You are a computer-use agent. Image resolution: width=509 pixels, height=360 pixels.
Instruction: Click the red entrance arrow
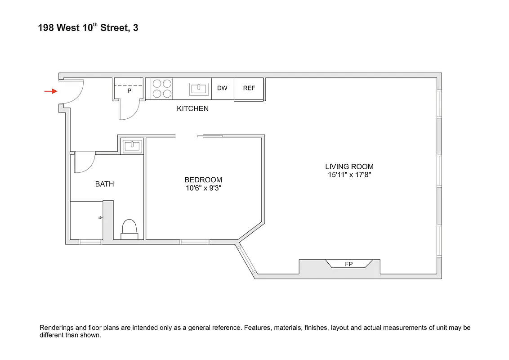pyautogui.click(x=50, y=91)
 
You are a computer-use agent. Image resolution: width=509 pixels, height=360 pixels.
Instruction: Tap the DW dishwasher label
pyautogui.click(x=222, y=88)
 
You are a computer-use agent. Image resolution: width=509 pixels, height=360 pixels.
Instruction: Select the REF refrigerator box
pyautogui.click(x=249, y=88)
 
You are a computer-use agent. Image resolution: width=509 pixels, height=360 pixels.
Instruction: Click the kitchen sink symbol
pyautogui.click(x=199, y=89)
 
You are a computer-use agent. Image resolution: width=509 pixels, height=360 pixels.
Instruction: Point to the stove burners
pyautogui.click(x=162, y=89)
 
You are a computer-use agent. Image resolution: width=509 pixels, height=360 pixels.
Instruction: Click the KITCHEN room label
pyautogui.click(x=192, y=108)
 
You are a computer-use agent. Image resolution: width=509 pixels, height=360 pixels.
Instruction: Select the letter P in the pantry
pyautogui.click(x=129, y=91)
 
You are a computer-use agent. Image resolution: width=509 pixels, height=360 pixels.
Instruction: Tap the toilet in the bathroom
pyautogui.click(x=129, y=228)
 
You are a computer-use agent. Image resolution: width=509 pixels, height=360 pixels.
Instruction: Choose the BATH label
pyautogui.click(x=104, y=184)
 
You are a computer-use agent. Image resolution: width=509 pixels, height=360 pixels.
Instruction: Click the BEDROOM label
pyautogui.click(x=203, y=180)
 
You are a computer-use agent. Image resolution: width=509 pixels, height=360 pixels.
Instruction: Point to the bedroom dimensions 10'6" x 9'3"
pyautogui.click(x=203, y=189)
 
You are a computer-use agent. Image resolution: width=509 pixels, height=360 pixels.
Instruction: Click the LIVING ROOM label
pyautogui.click(x=349, y=166)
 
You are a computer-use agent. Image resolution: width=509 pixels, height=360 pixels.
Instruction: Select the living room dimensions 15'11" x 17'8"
pyautogui.click(x=349, y=175)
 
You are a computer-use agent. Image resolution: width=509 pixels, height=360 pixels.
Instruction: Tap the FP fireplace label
pyautogui.click(x=349, y=264)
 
